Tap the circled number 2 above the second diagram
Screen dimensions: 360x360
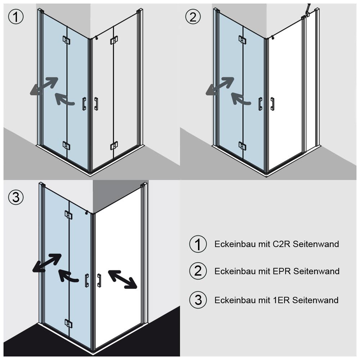[x=193, y=17]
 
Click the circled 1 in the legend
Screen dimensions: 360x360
[x=198, y=244]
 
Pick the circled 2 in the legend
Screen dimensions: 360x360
[x=198, y=271]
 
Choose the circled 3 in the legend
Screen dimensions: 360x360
[x=198, y=300]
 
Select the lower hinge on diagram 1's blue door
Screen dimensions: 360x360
[x=66, y=145]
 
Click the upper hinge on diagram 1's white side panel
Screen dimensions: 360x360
[x=114, y=40]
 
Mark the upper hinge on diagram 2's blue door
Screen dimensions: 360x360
[x=242, y=40]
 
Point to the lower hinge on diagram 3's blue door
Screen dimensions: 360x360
[x=68, y=323]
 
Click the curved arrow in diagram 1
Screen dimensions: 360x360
[x=65, y=99]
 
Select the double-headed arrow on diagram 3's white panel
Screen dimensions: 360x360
[x=123, y=279]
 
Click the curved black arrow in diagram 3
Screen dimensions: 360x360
[x=68, y=276]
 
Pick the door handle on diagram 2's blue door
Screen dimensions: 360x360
[x=260, y=104]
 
